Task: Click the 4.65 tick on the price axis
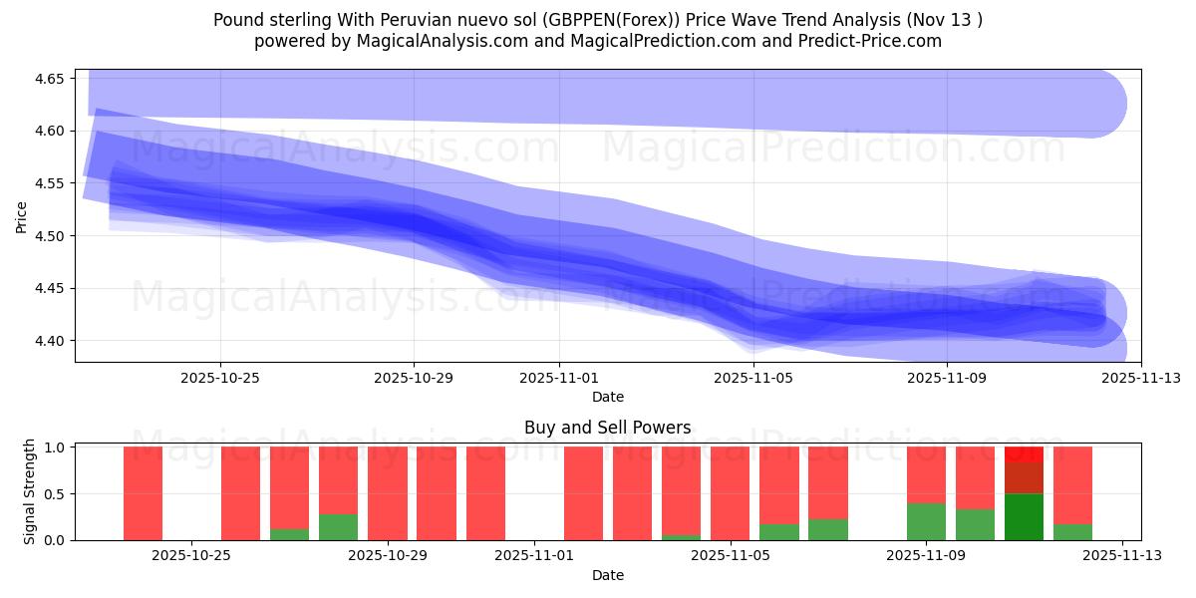click(49, 79)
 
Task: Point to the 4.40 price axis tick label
click(49, 341)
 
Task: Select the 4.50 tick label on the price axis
click(49, 236)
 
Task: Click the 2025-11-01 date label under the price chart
click(559, 379)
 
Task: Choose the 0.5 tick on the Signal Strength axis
click(54, 494)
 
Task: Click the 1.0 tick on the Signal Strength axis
click(54, 448)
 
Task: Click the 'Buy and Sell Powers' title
click(607, 428)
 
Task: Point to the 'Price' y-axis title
click(22, 215)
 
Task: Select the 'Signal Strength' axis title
click(30, 491)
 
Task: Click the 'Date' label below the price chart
click(607, 397)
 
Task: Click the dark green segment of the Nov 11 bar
click(1024, 516)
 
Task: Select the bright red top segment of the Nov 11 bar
click(1024, 453)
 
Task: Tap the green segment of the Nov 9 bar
click(926, 521)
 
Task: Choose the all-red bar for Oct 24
click(143, 493)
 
